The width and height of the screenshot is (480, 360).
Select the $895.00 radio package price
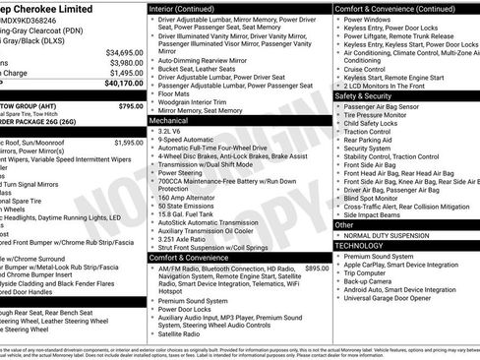click(x=317, y=268)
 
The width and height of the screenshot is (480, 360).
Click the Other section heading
click(x=344, y=224)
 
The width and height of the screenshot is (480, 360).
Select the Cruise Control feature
click(x=365, y=69)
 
